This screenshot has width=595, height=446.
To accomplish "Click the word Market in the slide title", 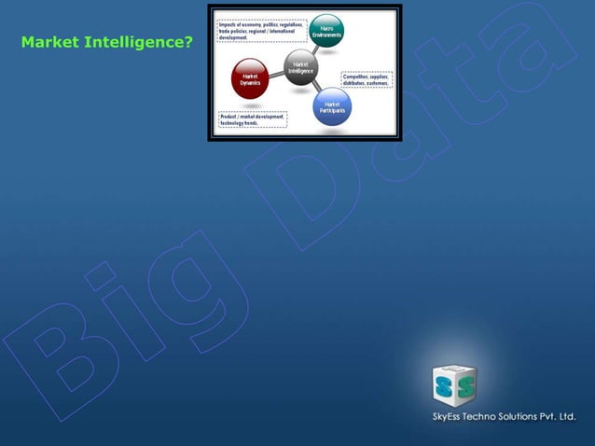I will point(48,42).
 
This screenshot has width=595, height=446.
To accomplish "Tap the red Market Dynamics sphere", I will point(250,78).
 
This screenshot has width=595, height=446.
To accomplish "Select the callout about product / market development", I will point(253,119).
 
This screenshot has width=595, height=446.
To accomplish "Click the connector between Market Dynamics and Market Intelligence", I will point(275,75).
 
